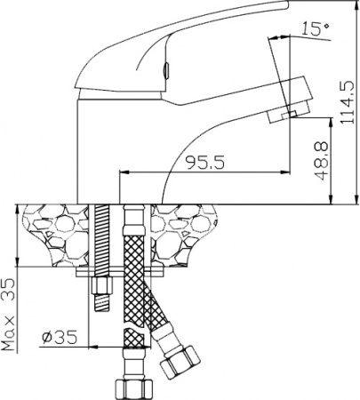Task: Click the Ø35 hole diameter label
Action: point(60,339)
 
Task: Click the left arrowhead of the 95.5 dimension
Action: point(122,172)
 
